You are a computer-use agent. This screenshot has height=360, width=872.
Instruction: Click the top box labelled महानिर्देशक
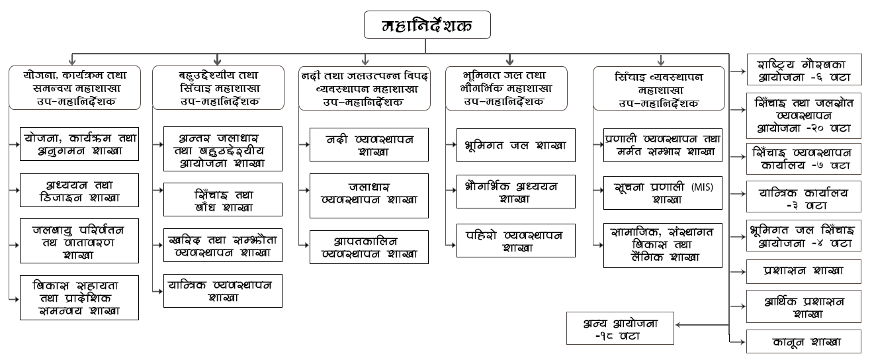point(427,26)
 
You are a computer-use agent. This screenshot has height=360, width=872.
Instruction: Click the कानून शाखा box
point(803,341)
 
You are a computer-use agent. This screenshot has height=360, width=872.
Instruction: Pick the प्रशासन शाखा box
point(803,271)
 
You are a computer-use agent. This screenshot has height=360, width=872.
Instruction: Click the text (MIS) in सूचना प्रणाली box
point(700,187)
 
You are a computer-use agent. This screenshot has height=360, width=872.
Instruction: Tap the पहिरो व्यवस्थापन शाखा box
point(515,241)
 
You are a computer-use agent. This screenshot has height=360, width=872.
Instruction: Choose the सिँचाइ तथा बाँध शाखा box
point(224,201)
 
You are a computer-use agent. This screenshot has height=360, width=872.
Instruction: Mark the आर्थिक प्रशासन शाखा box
point(803,306)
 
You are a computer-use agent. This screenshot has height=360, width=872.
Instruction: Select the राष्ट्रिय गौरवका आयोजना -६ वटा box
point(803,70)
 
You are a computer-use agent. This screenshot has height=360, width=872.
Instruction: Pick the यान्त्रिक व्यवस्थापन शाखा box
point(224,291)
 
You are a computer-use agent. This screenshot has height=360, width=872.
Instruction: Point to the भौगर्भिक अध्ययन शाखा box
point(515,192)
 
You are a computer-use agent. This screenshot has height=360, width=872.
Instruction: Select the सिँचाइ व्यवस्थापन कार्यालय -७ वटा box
point(803,158)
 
